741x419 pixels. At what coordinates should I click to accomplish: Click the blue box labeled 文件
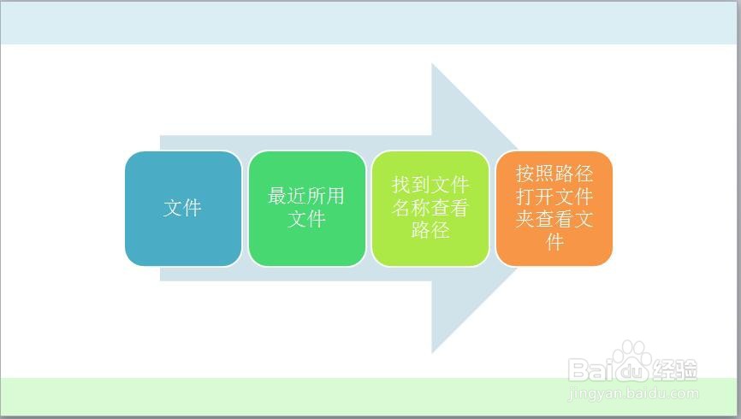point(183,209)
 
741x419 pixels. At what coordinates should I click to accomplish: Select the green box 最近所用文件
point(306,209)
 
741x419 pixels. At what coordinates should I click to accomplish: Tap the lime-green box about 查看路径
point(430,209)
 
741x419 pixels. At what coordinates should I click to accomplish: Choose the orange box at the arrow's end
point(554,209)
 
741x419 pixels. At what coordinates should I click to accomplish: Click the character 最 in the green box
point(277,196)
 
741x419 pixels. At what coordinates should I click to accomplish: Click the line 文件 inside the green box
point(306,219)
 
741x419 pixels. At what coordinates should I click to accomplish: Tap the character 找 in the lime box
point(401,185)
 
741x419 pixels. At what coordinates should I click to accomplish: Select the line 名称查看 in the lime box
point(430,208)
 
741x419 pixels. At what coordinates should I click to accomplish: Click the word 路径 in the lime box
point(430,230)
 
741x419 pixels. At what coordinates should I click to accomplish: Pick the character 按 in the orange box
point(525,174)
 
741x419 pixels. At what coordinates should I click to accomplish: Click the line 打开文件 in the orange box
point(554,196)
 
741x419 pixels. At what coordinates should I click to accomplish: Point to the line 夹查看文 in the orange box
point(554,219)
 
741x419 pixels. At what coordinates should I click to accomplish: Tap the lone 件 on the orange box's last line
point(554,242)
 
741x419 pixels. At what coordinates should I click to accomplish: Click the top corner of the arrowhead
point(432,63)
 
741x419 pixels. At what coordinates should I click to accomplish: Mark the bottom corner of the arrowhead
point(432,353)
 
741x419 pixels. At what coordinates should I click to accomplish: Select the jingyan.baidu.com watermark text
point(634,393)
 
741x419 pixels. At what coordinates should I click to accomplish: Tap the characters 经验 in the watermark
point(675,370)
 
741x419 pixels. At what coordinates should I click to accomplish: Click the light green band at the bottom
point(370,397)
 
